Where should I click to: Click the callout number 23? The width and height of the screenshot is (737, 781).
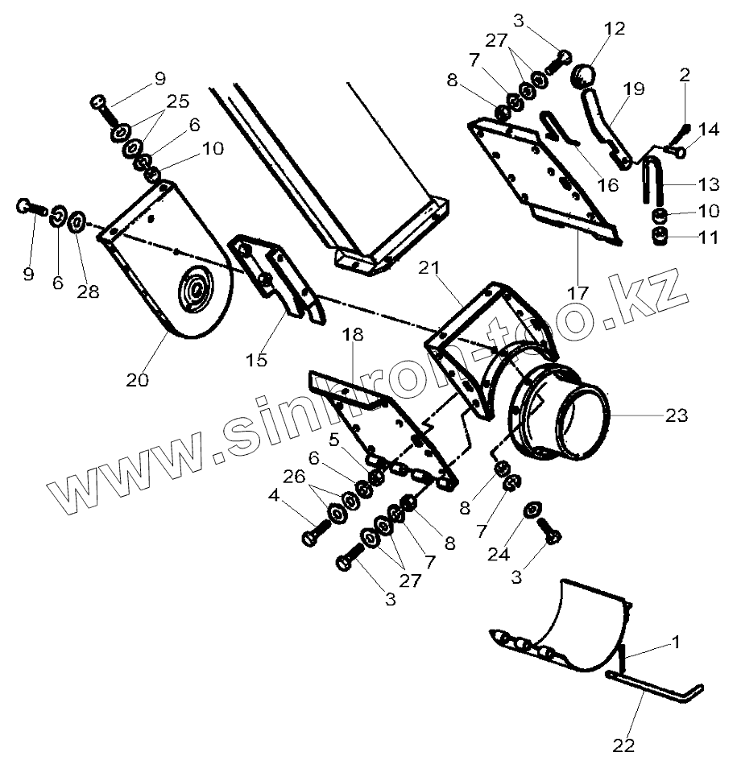[x=676, y=415]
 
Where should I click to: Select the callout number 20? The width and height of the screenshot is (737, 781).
[x=138, y=379]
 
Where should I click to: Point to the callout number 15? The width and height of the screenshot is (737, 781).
[x=256, y=360]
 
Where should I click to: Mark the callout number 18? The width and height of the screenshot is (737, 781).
[x=352, y=335]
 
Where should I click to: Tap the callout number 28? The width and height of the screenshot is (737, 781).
[x=88, y=292]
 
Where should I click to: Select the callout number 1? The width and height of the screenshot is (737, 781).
[x=676, y=643]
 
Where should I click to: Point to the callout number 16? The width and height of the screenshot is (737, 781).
[x=608, y=184]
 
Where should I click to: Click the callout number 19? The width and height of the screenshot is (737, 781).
[x=634, y=89]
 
